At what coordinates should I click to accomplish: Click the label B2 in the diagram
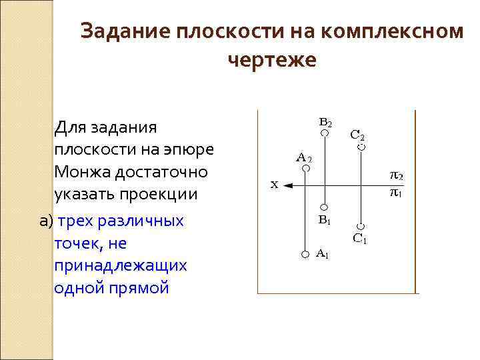point(325,123)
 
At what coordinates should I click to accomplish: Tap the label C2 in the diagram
point(357,134)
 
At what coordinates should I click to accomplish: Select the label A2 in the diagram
point(303,157)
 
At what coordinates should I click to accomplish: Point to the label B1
point(325,219)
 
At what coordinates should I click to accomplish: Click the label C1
point(359,238)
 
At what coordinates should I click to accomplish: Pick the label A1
point(322,253)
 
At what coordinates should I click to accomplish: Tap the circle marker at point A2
point(305,169)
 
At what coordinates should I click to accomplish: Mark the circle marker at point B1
point(324,207)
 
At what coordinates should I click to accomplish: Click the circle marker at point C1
point(361,225)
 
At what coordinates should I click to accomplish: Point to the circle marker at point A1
point(305,254)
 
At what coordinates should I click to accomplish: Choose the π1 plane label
point(396,193)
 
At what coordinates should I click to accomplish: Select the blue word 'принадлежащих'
point(120,265)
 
